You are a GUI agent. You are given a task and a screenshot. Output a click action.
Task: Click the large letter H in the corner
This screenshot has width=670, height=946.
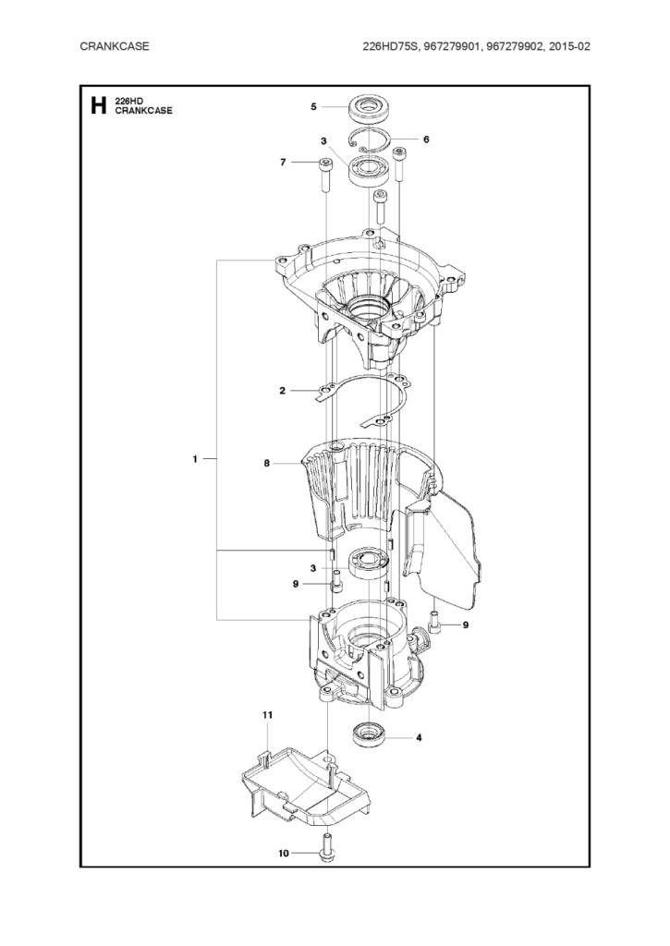[x=98, y=105]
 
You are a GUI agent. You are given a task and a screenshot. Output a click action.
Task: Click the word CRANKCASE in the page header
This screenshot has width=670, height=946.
[x=114, y=46]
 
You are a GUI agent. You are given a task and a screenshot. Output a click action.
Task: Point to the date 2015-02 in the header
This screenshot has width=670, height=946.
[x=570, y=46]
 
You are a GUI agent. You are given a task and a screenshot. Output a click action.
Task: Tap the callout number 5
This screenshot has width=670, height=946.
[x=314, y=107]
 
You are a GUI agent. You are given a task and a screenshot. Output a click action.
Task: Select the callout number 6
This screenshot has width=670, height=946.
[x=426, y=139]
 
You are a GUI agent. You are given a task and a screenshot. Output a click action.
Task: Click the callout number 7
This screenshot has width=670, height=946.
[x=283, y=162]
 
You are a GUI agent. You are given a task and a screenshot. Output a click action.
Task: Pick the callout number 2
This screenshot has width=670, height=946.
[x=282, y=391]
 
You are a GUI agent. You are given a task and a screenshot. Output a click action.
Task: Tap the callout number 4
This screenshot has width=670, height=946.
[x=419, y=737]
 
